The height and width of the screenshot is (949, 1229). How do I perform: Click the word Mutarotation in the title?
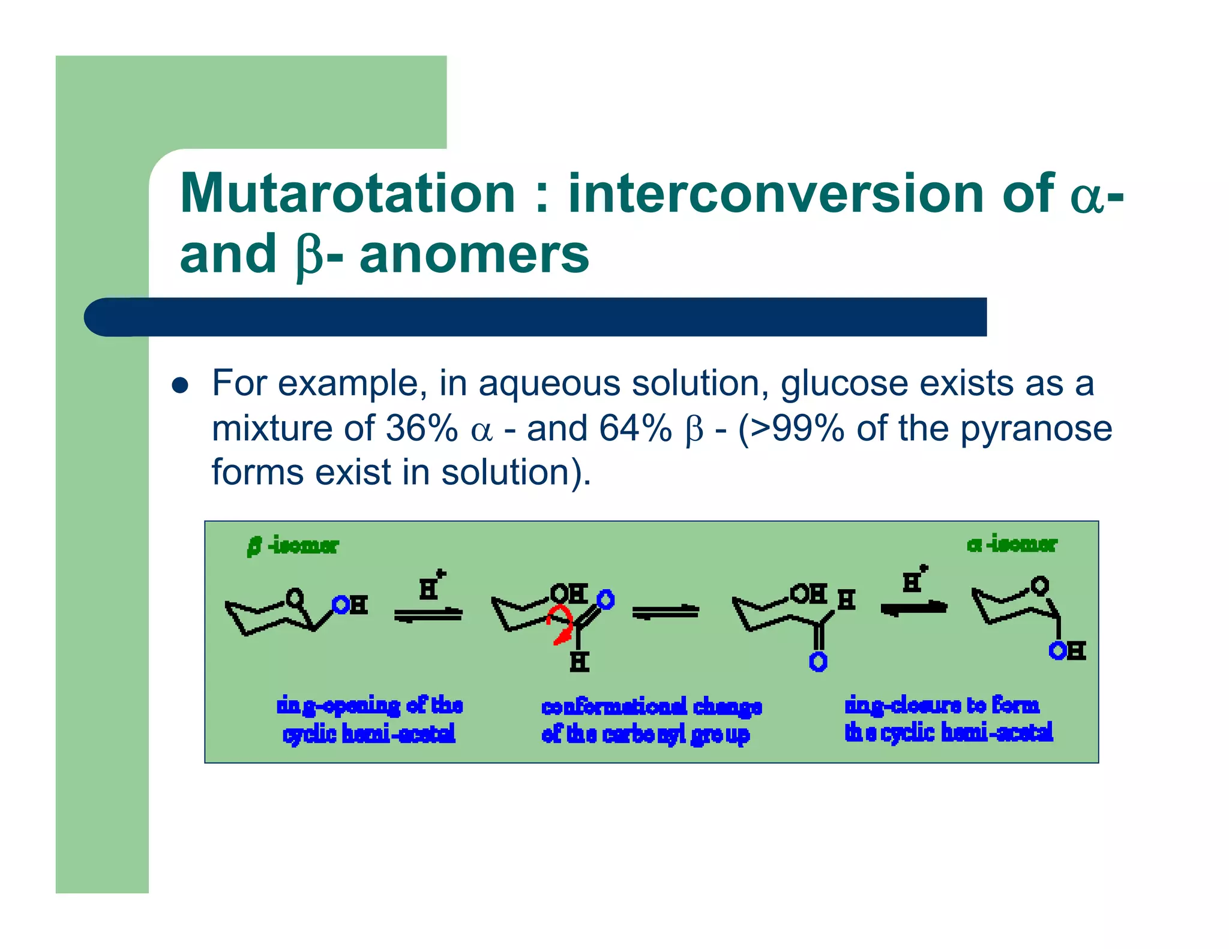click(x=347, y=193)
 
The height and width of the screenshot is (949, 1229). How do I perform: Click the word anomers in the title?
click(x=474, y=254)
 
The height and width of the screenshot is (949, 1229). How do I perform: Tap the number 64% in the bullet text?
click(x=635, y=428)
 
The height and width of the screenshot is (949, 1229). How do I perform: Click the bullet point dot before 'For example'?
click(x=180, y=385)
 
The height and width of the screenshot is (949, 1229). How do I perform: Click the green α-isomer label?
click(x=1012, y=544)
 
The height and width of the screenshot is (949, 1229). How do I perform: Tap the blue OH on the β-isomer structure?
click(x=350, y=605)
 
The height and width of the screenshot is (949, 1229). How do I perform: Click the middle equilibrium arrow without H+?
click(x=666, y=612)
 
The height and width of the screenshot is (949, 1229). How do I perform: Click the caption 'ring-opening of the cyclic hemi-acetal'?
click(x=369, y=719)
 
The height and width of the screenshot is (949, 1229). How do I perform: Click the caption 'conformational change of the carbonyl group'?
click(x=651, y=720)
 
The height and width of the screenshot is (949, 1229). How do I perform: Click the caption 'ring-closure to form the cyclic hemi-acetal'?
click(x=948, y=719)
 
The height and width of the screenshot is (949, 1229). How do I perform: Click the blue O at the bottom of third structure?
click(x=818, y=662)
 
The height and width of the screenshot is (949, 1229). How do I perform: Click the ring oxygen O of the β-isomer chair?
click(x=295, y=597)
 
